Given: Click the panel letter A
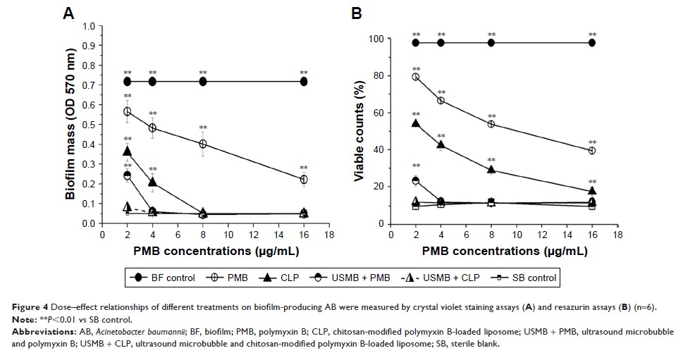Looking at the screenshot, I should point(68,12).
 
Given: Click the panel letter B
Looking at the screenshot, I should point(357,12).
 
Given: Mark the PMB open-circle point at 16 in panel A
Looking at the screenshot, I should point(304,180).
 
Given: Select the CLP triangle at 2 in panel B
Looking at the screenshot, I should point(416,123).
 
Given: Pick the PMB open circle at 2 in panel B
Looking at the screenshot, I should point(416,77).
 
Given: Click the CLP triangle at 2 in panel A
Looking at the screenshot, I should point(127,151).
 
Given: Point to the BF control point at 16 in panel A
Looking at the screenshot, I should point(304,82).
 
